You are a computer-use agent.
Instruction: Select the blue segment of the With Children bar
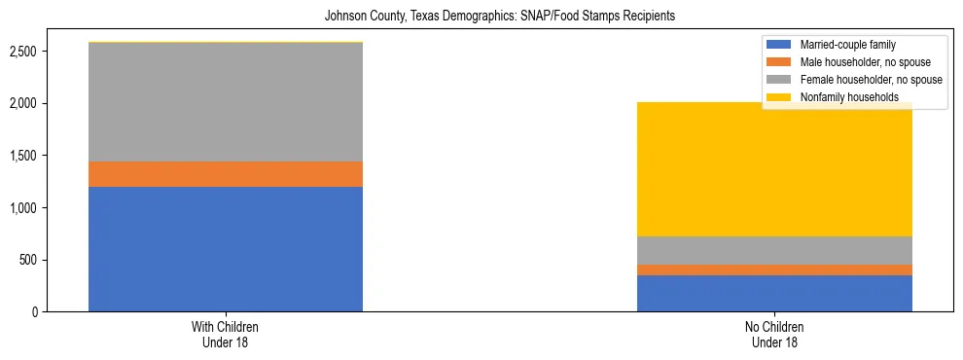(x=225, y=249)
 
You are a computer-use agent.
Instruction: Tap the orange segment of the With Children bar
(x=225, y=174)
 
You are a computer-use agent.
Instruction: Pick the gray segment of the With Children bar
(x=225, y=102)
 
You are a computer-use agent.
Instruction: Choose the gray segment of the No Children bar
(x=774, y=250)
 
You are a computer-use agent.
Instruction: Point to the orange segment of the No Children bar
(x=774, y=270)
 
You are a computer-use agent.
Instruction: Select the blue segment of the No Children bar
(x=774, y=293)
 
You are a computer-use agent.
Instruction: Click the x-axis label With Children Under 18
(x=225, y=335)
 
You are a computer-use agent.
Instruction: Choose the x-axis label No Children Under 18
(x=774, y=335)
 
